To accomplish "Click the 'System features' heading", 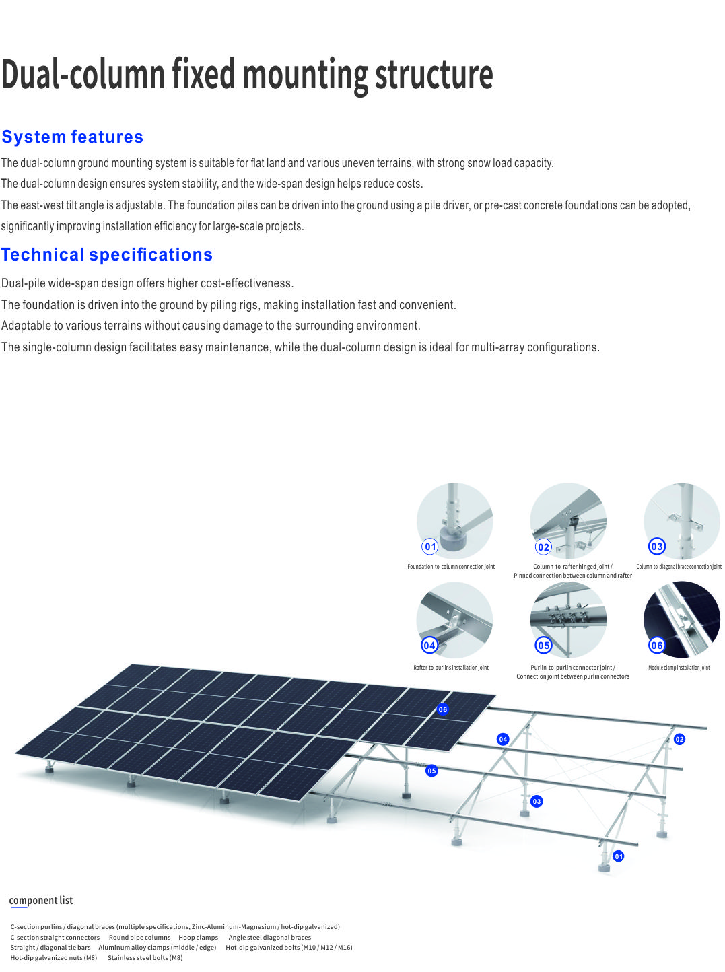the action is pos(72,137).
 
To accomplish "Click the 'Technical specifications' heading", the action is pos(107,254).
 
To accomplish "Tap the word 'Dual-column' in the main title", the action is pos(83,74).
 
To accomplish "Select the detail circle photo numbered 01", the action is pos(454,521).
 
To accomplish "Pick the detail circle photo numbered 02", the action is pos(568,521).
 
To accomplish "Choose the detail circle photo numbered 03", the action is pos(682,521).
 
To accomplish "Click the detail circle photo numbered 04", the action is pos(454,620).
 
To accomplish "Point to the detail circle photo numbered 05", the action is pos(568,620).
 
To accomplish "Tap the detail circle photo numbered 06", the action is pos(682,620).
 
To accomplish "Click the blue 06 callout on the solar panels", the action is pos(442,709).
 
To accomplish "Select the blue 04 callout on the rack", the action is pos(503,739).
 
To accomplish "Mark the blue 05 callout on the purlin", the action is pos(431,771).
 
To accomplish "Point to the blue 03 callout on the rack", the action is pos(537,801).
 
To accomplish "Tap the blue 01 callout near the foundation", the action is pos(618,856).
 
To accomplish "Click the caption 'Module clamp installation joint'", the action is pos(679,667).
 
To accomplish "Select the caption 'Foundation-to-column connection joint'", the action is pos(451,566).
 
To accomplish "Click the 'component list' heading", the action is pos(41,900).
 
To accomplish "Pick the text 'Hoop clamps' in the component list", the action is pos(199,938).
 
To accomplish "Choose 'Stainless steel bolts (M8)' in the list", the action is pos(145,957).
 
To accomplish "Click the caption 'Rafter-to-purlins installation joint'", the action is pos(451,667).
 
